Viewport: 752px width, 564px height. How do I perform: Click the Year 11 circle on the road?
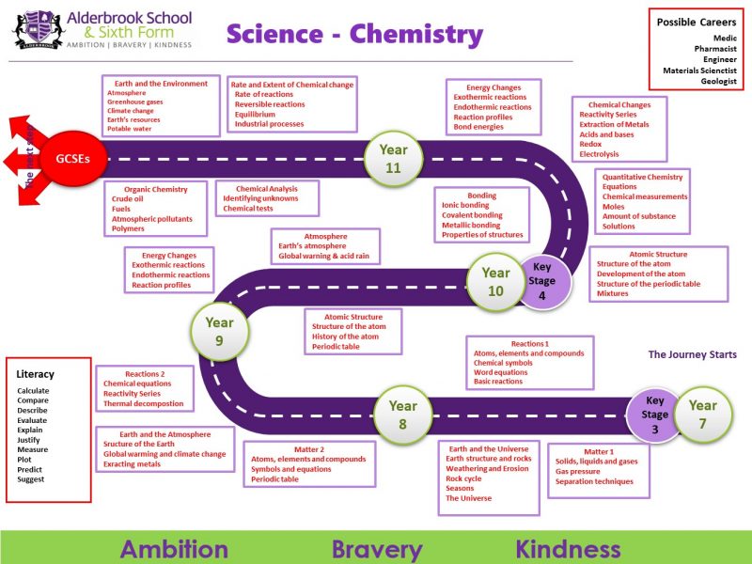point(393,158)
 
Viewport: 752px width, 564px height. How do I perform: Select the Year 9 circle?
point(219,331)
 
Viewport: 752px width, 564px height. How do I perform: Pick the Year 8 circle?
point(402,415)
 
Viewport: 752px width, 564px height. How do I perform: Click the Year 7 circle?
point(702,415)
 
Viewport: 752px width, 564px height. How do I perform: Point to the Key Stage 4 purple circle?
point(542,280)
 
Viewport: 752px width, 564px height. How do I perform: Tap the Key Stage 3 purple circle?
point(655,414)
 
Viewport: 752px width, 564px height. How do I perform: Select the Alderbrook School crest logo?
point(39,29)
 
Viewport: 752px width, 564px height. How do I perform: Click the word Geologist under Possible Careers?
point(718,82)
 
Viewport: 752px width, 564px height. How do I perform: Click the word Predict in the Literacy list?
point(30,469)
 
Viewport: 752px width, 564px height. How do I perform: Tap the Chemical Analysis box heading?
point(267,189)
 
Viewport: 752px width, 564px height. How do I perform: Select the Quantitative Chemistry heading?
point(643,177)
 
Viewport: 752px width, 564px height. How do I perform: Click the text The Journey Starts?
point(692,354)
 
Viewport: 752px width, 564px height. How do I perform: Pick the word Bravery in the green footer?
point(376,549)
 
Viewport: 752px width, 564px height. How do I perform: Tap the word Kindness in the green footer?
point(567,549)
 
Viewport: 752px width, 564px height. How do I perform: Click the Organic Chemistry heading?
point(156,189)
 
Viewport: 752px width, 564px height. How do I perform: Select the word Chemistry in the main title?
point(415,35)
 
